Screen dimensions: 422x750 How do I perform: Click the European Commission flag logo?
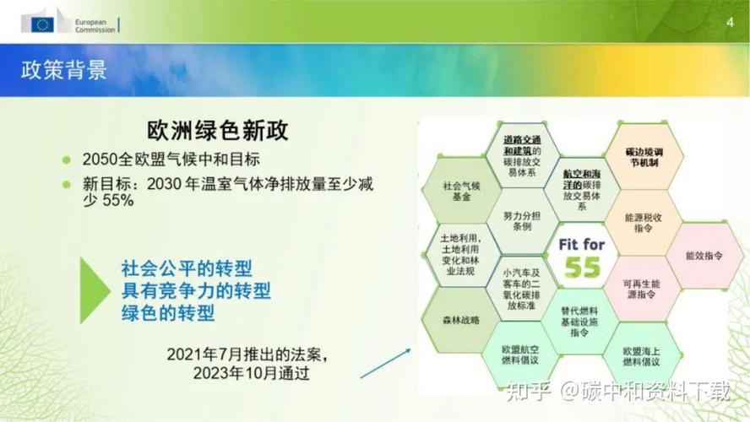[42, 24]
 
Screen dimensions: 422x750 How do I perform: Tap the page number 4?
[730, 22]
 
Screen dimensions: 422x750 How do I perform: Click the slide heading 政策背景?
[64, 71]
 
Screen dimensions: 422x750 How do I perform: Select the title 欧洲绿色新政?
[218, 131]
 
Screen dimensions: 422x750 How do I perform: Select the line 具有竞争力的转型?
[196, 290]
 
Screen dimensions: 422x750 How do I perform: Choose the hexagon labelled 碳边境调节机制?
[643, 156]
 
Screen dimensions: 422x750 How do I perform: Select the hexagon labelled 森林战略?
[461, 320]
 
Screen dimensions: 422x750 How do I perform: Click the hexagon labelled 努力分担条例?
[522, 222]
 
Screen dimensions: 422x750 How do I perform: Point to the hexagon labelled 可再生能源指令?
[642, 289]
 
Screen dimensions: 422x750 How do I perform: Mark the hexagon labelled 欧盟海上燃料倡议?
[642, 355]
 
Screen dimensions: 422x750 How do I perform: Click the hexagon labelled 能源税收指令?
[642, 223]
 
